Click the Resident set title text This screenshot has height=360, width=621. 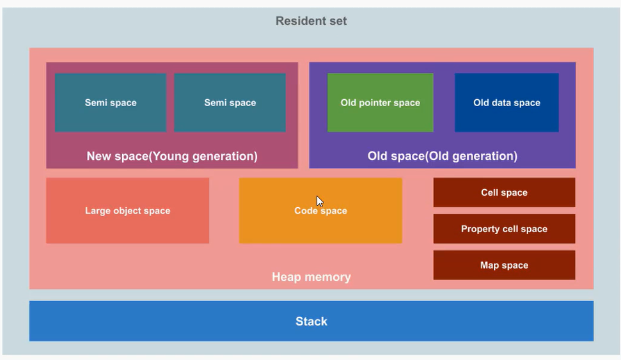[311, 21]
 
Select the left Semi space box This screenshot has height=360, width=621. [111, 102]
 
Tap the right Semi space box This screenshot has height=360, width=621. [230, 102]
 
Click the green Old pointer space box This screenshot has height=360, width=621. [380, 102]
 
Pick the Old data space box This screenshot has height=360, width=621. [507, 102]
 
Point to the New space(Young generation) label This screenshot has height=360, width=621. [172, 156]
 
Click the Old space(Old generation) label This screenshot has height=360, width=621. [443, 156]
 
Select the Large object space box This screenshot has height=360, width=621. [127, 211]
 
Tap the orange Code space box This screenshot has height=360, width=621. [320, 211]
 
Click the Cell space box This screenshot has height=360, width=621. [504, 192]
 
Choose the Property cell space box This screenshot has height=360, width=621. [504, 229]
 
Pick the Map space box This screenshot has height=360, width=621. [504, 265]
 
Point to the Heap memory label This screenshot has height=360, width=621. [311, 277]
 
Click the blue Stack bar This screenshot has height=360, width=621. [311, 321]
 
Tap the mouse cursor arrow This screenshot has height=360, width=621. [320, 201]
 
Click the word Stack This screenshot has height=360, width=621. [311, 321]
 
